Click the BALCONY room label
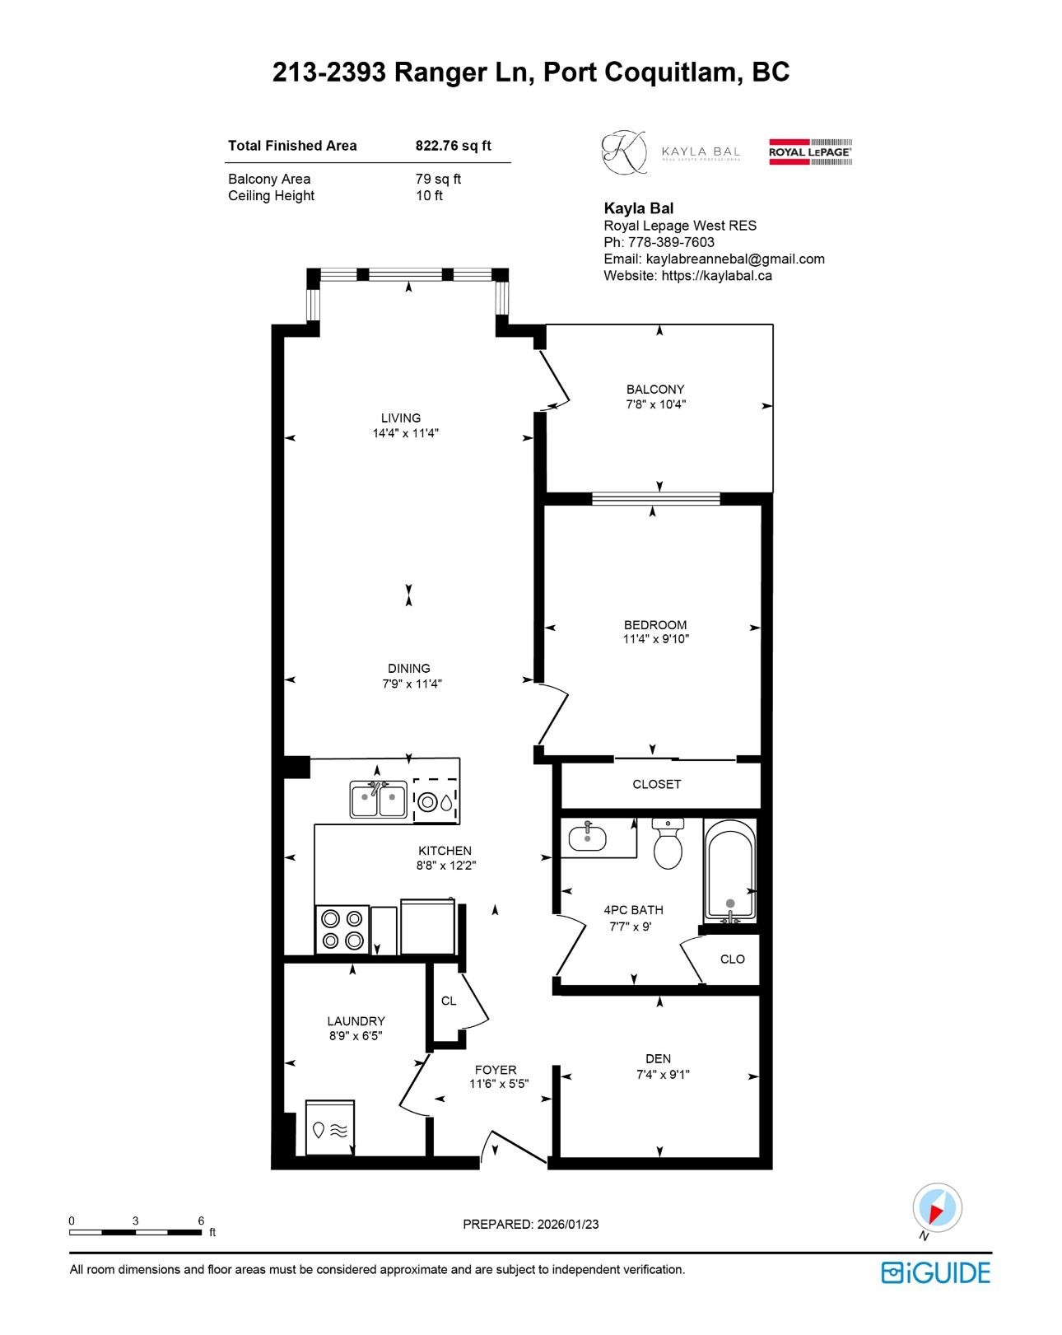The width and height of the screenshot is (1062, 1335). [654, 390]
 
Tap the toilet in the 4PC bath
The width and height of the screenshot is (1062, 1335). [668, 845]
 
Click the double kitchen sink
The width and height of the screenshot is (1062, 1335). [378, 800]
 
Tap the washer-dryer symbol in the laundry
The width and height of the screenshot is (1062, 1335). [330, 1128]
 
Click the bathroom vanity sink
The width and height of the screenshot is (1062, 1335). [588, 838]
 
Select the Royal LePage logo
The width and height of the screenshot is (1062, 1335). [810, 152]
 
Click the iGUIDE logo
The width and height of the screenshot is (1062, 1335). [935, 1272]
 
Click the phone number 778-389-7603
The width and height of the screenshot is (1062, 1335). [671, 242]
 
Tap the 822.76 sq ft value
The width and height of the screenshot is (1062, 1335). [453, 146]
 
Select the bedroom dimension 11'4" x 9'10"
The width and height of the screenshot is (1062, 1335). [655, 639]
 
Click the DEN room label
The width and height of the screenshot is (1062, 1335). [658, 1059]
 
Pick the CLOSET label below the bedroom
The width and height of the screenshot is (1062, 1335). [656, 785]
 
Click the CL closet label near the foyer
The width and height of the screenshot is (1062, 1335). [449, 1001]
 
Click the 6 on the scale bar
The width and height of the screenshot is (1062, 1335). [201, 1221]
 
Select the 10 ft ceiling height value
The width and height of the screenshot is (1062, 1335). [429, 196]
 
